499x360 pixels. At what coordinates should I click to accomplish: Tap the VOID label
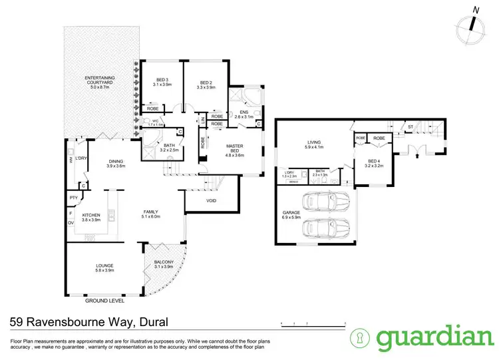[x=210, y=200]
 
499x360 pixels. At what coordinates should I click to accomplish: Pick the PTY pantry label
[x=73, y=198]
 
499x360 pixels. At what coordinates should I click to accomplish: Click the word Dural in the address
[x=154, y=323]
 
